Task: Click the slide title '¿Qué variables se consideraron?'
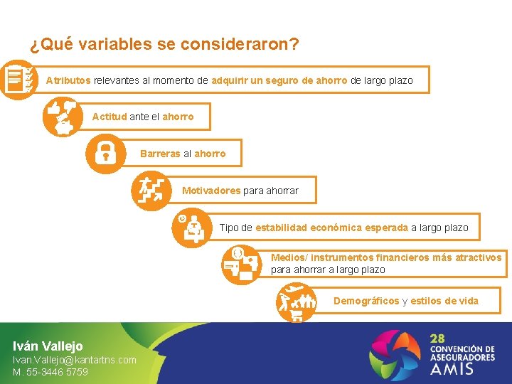[x=164, y=45]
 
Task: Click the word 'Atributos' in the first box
[x=68, y=80]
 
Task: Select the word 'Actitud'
[x=110, y=117]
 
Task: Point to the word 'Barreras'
[x=160, y=154]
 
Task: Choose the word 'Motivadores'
[x=211, y=191]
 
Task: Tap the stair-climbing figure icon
[x=150, y=191]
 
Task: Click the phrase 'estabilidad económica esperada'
[x=331, y=228]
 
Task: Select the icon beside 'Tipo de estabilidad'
[x=192, y=228]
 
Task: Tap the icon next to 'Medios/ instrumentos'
[x=240, y=265]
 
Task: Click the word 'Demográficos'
[x=366, y=301]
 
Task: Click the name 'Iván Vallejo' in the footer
[x=48, y=346]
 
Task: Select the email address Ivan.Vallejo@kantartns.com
[x=75, y=360]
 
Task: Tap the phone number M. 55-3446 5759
[x=50, y=372]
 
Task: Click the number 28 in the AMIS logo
[x=437, y=338]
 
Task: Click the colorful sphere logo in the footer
[x=396, y=353]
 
